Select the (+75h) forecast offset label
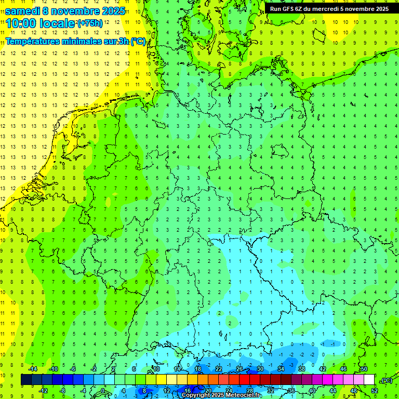tap(90, 23)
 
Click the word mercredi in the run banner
tap(334, 8)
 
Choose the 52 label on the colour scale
tap(375, 390)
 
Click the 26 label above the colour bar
tap(240, 369)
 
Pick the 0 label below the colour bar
tap(103, 390)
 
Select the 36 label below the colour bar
tap(291, 390)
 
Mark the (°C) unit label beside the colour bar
tap(387, 380)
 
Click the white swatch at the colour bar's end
tap(369, 380)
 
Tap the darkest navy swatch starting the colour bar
tap(26, 380)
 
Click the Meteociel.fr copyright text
tap(221, 395)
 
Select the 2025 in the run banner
tap(380, 8)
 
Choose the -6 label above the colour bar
tap(73, 369)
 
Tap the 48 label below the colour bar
tap(354, 390)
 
